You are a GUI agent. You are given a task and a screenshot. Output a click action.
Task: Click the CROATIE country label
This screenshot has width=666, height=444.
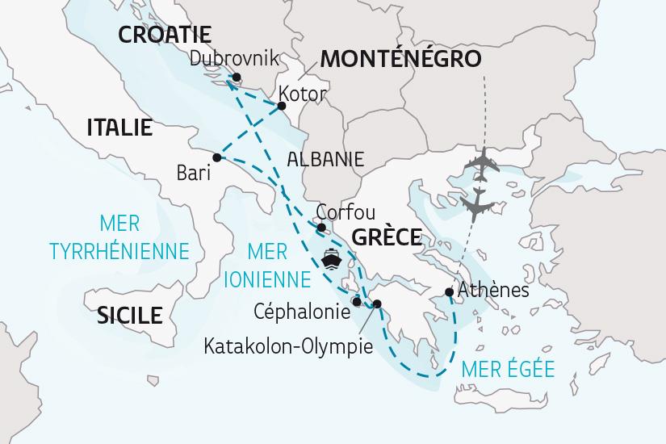click(164, 34)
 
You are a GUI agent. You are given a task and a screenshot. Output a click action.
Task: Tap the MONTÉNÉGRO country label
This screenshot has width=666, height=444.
click(400, 58)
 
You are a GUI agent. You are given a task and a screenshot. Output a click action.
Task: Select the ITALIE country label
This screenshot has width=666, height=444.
click(120, 127)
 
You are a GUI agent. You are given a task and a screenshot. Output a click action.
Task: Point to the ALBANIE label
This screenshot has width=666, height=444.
click(325, 158)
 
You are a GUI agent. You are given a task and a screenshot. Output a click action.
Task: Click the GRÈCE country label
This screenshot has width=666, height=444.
click(387, 237)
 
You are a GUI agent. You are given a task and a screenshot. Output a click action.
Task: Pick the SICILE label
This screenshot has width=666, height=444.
click(129, 315)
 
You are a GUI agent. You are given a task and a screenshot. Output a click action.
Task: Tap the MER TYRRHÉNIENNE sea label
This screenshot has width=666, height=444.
click(119, 237)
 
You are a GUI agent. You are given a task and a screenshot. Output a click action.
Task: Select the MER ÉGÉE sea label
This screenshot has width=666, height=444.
click(508, 369)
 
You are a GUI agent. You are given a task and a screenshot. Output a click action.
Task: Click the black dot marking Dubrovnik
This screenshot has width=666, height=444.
click(236, 78)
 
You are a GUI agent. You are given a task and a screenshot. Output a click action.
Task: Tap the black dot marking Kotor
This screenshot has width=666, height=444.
click(282, 106)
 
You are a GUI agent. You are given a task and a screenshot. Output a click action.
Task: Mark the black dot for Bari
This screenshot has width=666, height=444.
click(216, 157)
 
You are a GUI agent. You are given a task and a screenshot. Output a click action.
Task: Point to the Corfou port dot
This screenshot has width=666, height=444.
click(321, 228)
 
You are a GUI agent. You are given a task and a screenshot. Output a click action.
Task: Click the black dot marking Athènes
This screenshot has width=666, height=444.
click(449, 292)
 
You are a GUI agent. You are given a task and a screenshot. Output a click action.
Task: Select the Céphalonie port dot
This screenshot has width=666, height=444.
click(357, 302)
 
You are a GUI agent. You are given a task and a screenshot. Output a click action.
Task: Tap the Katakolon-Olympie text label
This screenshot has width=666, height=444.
click(288, 347)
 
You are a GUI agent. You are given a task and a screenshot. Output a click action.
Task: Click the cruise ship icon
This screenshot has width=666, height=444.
click(332, 260)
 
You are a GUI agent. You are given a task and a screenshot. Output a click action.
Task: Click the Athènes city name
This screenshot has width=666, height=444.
click(492, 290)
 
